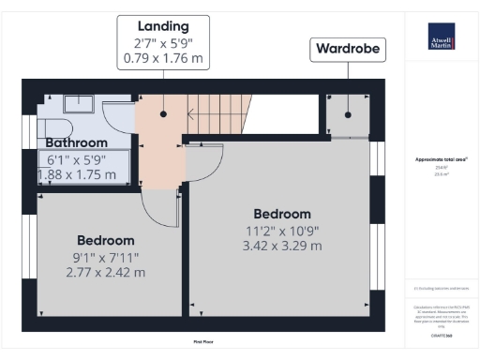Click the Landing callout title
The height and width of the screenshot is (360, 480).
coord(163,26)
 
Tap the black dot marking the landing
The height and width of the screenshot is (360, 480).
coord(163,113)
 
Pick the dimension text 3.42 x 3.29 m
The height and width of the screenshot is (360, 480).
coord(282,246)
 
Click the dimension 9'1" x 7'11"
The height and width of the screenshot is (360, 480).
coord(105,256)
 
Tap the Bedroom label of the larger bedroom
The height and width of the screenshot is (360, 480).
coord(282,214)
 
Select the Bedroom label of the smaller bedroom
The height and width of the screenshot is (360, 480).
coord(105,240)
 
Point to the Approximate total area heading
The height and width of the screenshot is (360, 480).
coord(441,160)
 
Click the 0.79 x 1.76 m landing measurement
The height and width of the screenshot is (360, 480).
coord(163,58)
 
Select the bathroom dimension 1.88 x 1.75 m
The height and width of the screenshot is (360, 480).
coord(80,174)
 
